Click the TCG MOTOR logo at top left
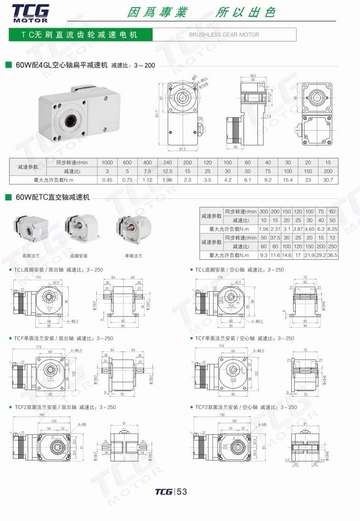30,12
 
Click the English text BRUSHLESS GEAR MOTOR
224,35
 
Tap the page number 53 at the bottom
182,492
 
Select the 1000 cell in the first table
107,162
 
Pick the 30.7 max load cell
328,180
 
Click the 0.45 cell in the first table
107,180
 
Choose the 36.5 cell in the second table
332,255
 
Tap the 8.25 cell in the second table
332,229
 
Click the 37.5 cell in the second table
275,238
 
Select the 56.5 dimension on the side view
253,75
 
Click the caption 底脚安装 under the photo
79,256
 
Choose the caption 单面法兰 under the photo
134,256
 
